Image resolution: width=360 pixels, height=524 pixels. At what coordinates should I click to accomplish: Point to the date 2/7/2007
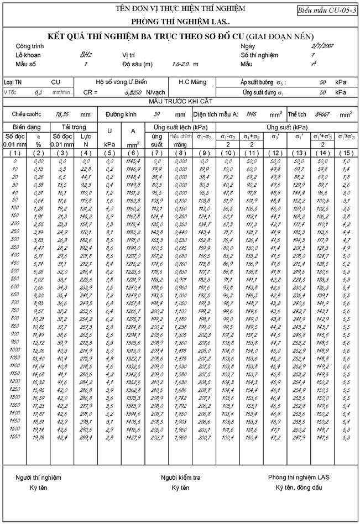[x=322, y=46]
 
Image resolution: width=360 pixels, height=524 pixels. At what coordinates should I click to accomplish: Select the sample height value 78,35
[x=61, y=114]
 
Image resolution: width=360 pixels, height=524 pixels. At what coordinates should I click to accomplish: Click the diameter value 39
[x=157, y=114]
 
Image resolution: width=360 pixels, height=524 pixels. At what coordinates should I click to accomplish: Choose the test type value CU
[x=56, y=82]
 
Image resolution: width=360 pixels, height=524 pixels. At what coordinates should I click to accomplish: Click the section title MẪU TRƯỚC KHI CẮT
[x=180, y=102]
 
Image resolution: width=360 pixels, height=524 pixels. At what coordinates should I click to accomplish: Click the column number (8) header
[x=181, y=153]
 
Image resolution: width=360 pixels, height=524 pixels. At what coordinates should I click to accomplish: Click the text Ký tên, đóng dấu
[x=299, y=488]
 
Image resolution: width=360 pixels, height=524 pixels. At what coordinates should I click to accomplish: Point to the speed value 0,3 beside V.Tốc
[x=38, y=92]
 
